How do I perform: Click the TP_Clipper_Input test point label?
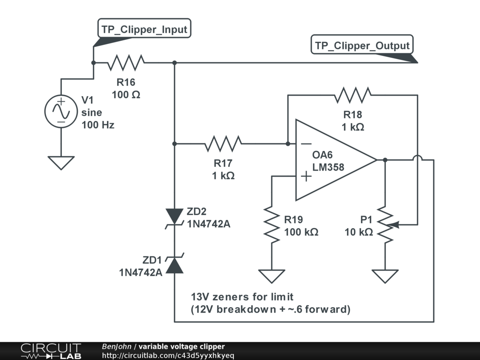pyautogui.click(x=144, y=30)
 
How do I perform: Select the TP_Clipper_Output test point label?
pyautogui.click(x=362, y=45)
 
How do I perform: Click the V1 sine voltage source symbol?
pyautogui.click(x=61, y=112)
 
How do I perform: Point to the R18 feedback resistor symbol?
pyautogui.click(x=352, y=95)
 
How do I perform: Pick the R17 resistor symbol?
pyautogui.click(x=223, y=143)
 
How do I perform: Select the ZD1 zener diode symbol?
pyautogui.click(x=174, y=265)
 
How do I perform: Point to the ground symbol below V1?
pyautogui.click(x=61, y=163)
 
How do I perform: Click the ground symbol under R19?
pyautogui.click(x=272, y=276)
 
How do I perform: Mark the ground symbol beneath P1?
pyautogui.click(x=385, y=276)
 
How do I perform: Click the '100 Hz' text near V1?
pyautogui.click(x=97, y=125)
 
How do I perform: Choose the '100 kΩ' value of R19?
pyautogui.click(x=301, y=232)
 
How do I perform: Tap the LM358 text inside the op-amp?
pyautogui.click(x=328, y=167)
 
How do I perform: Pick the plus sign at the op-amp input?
pyautogui.click(x=306, y=176)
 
